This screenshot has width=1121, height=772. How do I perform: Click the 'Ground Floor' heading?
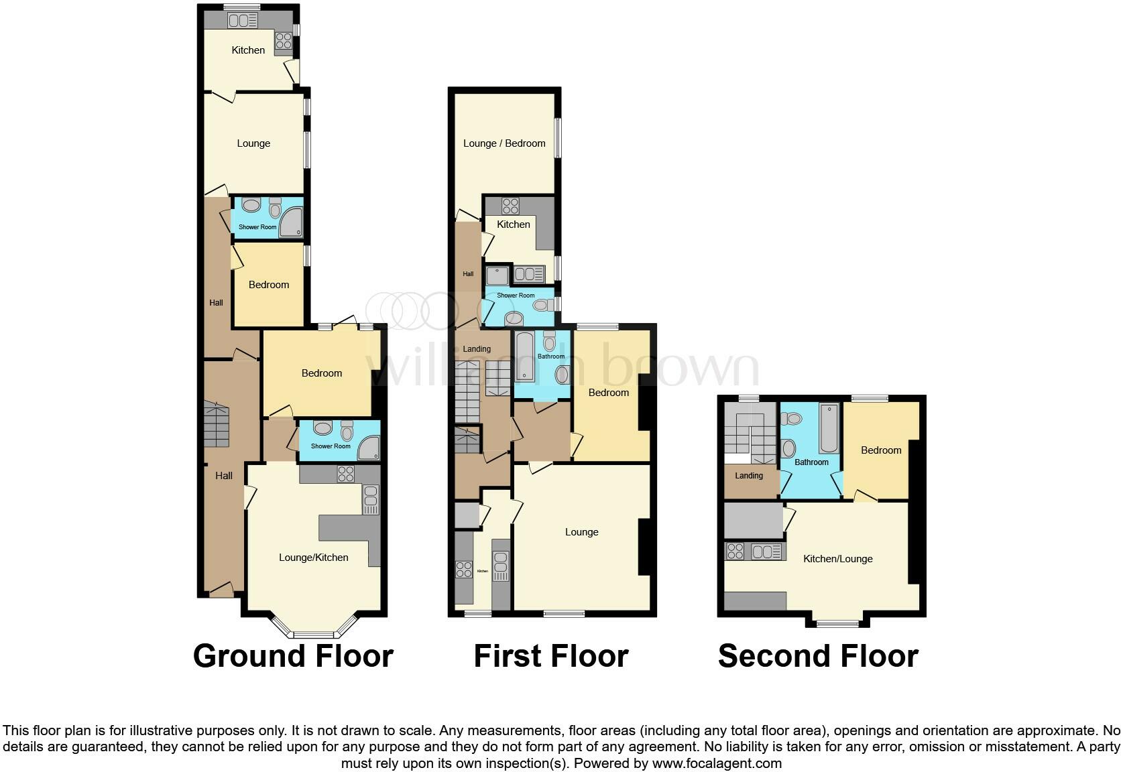pos(293,655)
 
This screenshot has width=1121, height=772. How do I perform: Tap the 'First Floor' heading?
pos(551,655)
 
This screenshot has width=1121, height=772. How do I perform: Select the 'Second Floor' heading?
pos(818,655)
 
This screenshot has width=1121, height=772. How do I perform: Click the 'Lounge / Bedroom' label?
pos(504,143)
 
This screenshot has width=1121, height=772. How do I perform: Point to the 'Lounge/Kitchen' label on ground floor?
pos(313,558)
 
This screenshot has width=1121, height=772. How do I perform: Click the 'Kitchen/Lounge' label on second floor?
pos(838,559)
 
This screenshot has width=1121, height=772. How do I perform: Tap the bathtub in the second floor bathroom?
pos(829,428)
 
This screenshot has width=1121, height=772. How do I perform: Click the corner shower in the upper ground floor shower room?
pos(291,222)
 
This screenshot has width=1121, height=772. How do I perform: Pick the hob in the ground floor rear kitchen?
pos(282,40)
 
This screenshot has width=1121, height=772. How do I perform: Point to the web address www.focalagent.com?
pos(717,763)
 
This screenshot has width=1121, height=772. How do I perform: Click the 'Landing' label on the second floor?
pos(749,476)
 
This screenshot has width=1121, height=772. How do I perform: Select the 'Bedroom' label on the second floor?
pos(881,450)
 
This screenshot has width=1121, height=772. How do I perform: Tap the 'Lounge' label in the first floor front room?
pos(581,532)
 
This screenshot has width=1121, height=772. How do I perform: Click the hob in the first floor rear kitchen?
pos(511,206)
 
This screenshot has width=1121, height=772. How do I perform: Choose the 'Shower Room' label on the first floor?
pos(516,296)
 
